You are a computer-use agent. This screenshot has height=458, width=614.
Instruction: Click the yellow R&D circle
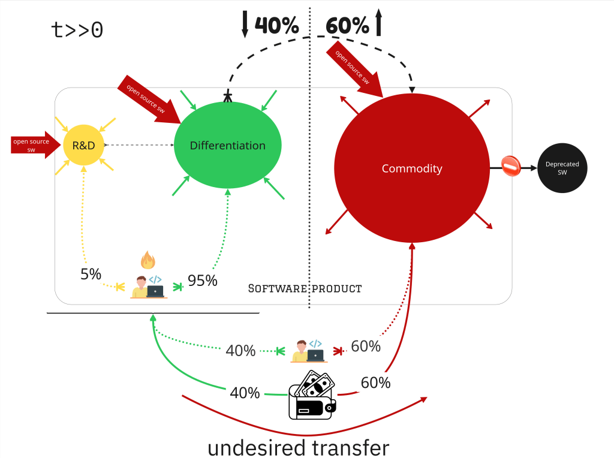click(x=83, y=144)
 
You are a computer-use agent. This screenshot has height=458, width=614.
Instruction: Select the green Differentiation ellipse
click(x=227, y=146)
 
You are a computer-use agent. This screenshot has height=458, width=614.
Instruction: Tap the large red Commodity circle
click(x=411, y=168)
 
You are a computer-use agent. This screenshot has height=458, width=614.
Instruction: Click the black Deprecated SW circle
click(x=562, y=168)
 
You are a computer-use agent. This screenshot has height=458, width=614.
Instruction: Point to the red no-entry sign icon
click(x=511, y=167)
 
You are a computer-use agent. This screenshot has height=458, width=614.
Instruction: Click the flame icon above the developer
click(x=148, y=260)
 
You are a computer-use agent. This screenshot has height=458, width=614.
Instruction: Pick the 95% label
click(x=202, y=280)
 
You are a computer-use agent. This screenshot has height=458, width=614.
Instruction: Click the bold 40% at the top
click(x=276, y=25)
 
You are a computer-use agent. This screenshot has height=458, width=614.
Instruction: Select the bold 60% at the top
click(x=347, y=25)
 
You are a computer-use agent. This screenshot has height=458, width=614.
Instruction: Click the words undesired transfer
click(x=299, y=447)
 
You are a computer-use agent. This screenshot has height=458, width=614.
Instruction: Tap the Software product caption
click(x=305, y=288)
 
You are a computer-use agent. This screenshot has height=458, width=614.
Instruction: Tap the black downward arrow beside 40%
click(x=245, y=23)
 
